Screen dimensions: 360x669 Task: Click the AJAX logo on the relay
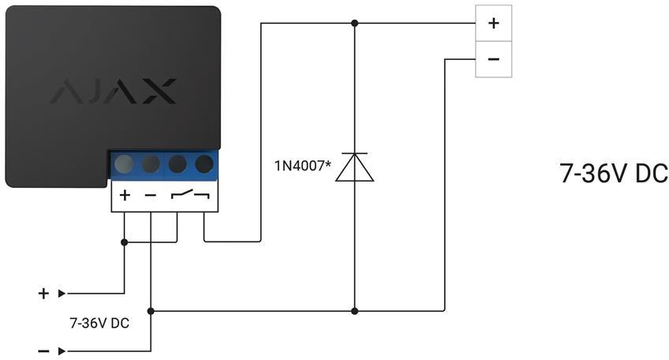(x=113, y=92)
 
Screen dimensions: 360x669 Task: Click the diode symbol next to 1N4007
(x=354, y=167)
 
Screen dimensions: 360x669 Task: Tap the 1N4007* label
(x=302, y=167)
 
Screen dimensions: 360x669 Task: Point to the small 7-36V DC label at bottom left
(x=99, y=323)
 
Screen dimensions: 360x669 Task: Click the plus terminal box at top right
(x=494, y=23)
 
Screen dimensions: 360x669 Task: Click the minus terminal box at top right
(x=494, y=59)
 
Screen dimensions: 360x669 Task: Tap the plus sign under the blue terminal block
(x=125, y=195)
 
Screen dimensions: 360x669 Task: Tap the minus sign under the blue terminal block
(x=151, y=195)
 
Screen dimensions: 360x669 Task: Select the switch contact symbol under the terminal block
(x=190, y=194)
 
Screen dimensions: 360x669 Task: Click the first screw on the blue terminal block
(x=124, y=164)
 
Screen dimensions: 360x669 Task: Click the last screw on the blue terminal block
(x=204, y=164)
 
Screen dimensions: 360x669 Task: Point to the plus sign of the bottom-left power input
(x=43, y=294)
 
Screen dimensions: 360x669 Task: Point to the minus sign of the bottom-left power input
(x=43, y=350)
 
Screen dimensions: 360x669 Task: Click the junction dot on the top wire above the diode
(x=354, y=23)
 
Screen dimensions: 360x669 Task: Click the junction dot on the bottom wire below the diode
(x=354, y=311)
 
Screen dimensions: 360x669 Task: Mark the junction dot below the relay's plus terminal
(x=125, y=242)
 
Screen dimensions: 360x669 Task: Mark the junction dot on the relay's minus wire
(x=151, y=311)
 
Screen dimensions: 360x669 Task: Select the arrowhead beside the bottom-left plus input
(x=62, y=294)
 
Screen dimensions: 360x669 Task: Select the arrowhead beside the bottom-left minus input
(x=62, y=350)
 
